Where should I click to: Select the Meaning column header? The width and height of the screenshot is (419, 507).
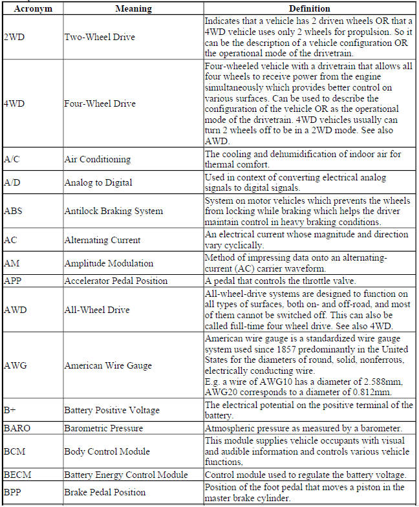coord(133,9)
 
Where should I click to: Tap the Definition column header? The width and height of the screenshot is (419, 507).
coord(309,9)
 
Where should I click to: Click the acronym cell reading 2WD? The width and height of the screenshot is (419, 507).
coord(14,37)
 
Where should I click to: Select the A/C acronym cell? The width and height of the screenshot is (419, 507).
coord(11,159)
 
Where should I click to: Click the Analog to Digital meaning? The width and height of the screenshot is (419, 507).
coord(98,182)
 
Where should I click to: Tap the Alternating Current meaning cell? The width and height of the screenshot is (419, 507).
coord(102,240)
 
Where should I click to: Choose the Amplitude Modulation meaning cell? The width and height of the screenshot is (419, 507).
coord(109,263)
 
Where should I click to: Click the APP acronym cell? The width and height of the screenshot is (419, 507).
coord(13,281)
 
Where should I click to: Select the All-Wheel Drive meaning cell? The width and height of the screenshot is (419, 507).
coord(96,310)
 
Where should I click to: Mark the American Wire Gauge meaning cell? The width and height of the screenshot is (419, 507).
coord(107,365)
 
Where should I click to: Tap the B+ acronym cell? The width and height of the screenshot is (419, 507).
coord(10,410)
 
